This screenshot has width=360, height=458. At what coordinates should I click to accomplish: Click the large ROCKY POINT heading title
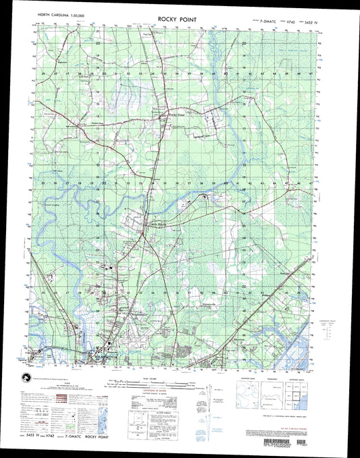click(x=178, y=20)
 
